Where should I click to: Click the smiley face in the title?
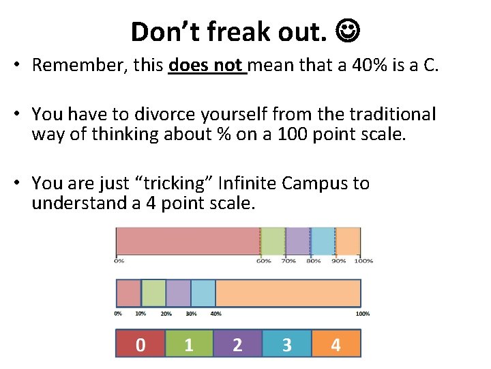(x=348, y=31)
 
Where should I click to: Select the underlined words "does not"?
(x=206, y=65)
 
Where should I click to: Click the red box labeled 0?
(x=140, y=344)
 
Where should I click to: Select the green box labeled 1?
(x=189, y=344)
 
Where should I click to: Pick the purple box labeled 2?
(x=237, y=344)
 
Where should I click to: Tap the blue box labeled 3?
(x=286, y=344)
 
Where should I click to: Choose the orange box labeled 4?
(x=336, y=344)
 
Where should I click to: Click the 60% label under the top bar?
(x=263, y=260)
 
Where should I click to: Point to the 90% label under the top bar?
(x=339, y=260)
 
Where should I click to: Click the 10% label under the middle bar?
(x=140, y=314)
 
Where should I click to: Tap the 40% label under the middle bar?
(x=215, y=314)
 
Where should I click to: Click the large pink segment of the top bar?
(x=188, y=241)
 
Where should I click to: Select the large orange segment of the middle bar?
(x=288, y=292)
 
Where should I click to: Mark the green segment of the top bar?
(x=273, y=241)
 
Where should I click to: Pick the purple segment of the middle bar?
(x=178, y=292)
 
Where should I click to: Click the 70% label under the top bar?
(x=288, y=260)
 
